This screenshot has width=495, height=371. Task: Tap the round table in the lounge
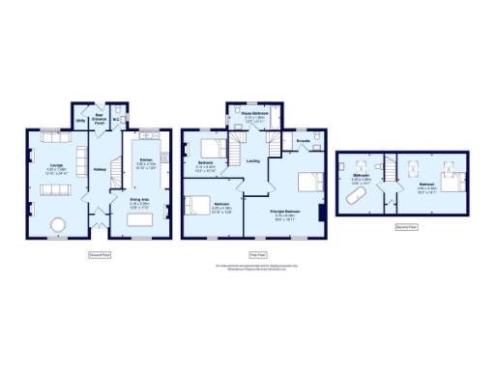57,225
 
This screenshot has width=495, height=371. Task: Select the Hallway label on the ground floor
99,171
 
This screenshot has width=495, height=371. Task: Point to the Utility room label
81,121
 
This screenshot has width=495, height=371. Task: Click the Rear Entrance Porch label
100,121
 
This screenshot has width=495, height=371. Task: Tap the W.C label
115,121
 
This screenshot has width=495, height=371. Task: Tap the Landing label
252,160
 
